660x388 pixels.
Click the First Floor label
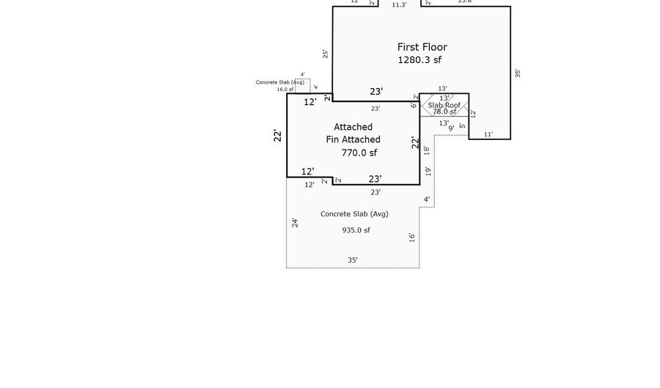pos(422,47)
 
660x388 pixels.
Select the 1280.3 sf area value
pos(419,60)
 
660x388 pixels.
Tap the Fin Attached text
pos(353,139)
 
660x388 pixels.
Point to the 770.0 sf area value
pos(359,153)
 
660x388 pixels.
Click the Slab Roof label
pos(444,105)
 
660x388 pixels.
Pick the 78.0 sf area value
pos(444,112)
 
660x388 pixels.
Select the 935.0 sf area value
pos(356,230)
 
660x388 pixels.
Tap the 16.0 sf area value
pos(285,89)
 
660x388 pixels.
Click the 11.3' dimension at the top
pos(399,4)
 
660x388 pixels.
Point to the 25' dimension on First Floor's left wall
pos(326,54)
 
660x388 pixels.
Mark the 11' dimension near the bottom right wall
pos(488,135)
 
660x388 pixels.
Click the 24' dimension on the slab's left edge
pos(295,222)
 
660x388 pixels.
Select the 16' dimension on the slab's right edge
pos(412,237)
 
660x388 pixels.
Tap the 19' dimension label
pos(428,171)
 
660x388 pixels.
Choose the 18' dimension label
pos(426,150)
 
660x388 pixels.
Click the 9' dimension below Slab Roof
pos(450,128)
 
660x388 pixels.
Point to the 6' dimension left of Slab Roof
pos(414,106)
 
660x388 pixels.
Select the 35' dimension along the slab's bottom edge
pos(353,260)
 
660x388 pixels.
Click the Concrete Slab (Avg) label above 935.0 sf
pos(353,214)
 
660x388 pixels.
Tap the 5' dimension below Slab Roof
pos(461,126)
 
